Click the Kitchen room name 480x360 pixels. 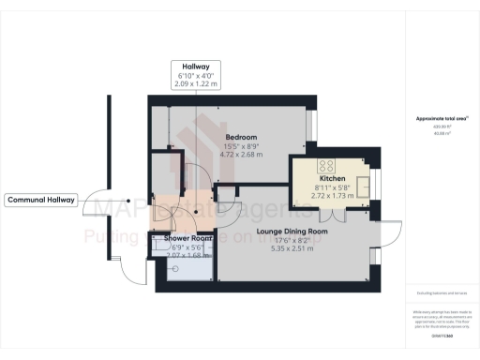click(332, 178)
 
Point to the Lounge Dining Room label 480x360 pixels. click(292, 230)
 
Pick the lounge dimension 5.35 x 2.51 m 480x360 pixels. click(292, 248)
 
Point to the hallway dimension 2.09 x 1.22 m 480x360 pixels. click(195, 83)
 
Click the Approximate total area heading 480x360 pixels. click(442, 119)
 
